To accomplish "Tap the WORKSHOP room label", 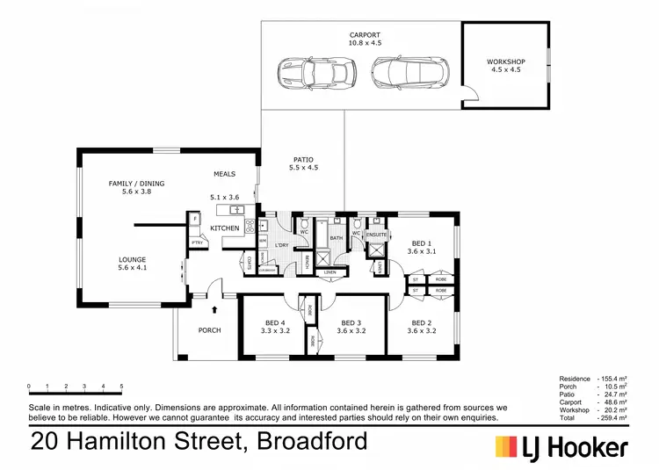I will (x=505, y=61).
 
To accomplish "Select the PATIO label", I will (x=304, y=160).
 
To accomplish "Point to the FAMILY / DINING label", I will (x=136, y=184).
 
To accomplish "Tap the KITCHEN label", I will (x=225, y=228).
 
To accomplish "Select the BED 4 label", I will (x=276, y=322).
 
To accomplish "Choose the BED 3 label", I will (x=351, y=322).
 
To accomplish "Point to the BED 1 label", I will (x=423, y=243).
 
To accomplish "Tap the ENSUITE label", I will (x=376, y=235).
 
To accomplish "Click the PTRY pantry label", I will (x=196, y=242).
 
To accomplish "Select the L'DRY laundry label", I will (x=282, y=244).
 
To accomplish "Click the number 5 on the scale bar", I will (x=121, y=387).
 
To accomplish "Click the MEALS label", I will (x=225, y=174).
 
